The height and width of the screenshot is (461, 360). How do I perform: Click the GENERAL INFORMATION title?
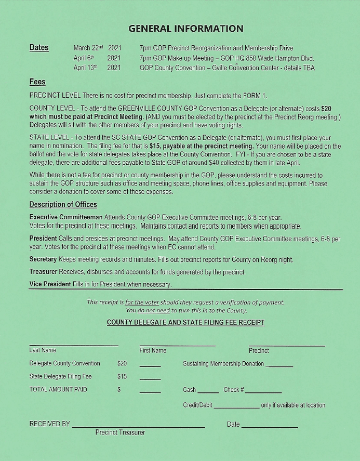coord(185,29)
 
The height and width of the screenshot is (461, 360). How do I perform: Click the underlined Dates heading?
coord(39,48)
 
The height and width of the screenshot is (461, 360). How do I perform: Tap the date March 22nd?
coord(89,48)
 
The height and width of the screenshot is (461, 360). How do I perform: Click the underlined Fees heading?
coord(37,82)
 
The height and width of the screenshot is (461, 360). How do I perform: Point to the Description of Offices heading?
coord(63,204)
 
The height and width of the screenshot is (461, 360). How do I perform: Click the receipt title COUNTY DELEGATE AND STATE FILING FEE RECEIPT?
coord(185,323)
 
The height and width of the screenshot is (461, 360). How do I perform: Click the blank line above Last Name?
coord(74,345)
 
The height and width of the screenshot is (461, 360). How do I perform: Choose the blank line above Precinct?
coord(287,345)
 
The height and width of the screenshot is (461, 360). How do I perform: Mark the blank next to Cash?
coord(208,392)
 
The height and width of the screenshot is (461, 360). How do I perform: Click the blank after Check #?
coord(263,392)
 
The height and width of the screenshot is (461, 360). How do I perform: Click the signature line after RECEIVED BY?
coord(138,427)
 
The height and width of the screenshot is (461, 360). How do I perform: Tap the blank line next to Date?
coord(270,427)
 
